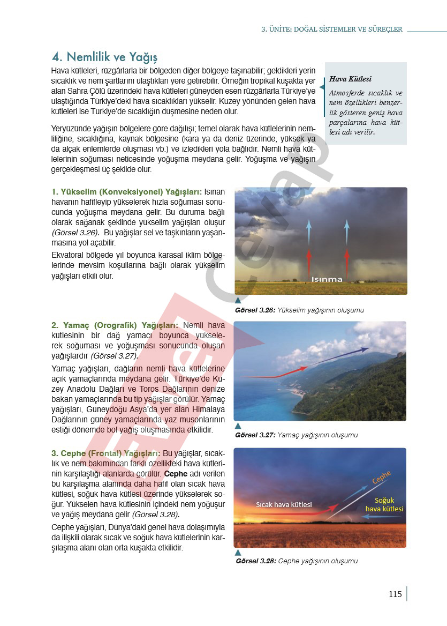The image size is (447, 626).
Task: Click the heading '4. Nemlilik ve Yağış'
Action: point(104,57)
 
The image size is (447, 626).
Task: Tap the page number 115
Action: point(395,594)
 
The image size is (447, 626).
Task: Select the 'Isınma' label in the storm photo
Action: point(327,279)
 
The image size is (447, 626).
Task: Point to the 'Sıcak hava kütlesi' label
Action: point(284,504)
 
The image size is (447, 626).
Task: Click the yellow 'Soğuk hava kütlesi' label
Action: point(384,504)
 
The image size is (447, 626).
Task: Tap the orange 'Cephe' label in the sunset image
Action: point(382,477)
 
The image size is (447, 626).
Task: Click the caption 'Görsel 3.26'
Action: point(255,310)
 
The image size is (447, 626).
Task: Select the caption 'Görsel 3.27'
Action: point(255,435)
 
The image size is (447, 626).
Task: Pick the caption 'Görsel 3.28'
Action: point(255,561)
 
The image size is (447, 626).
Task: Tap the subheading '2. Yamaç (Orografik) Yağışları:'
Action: point(115,325)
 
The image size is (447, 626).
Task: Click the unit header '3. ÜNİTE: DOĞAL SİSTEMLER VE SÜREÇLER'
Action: point(331,29)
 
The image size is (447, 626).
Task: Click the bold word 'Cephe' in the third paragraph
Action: point(176,474)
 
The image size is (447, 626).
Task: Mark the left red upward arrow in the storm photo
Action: point(309,262)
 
